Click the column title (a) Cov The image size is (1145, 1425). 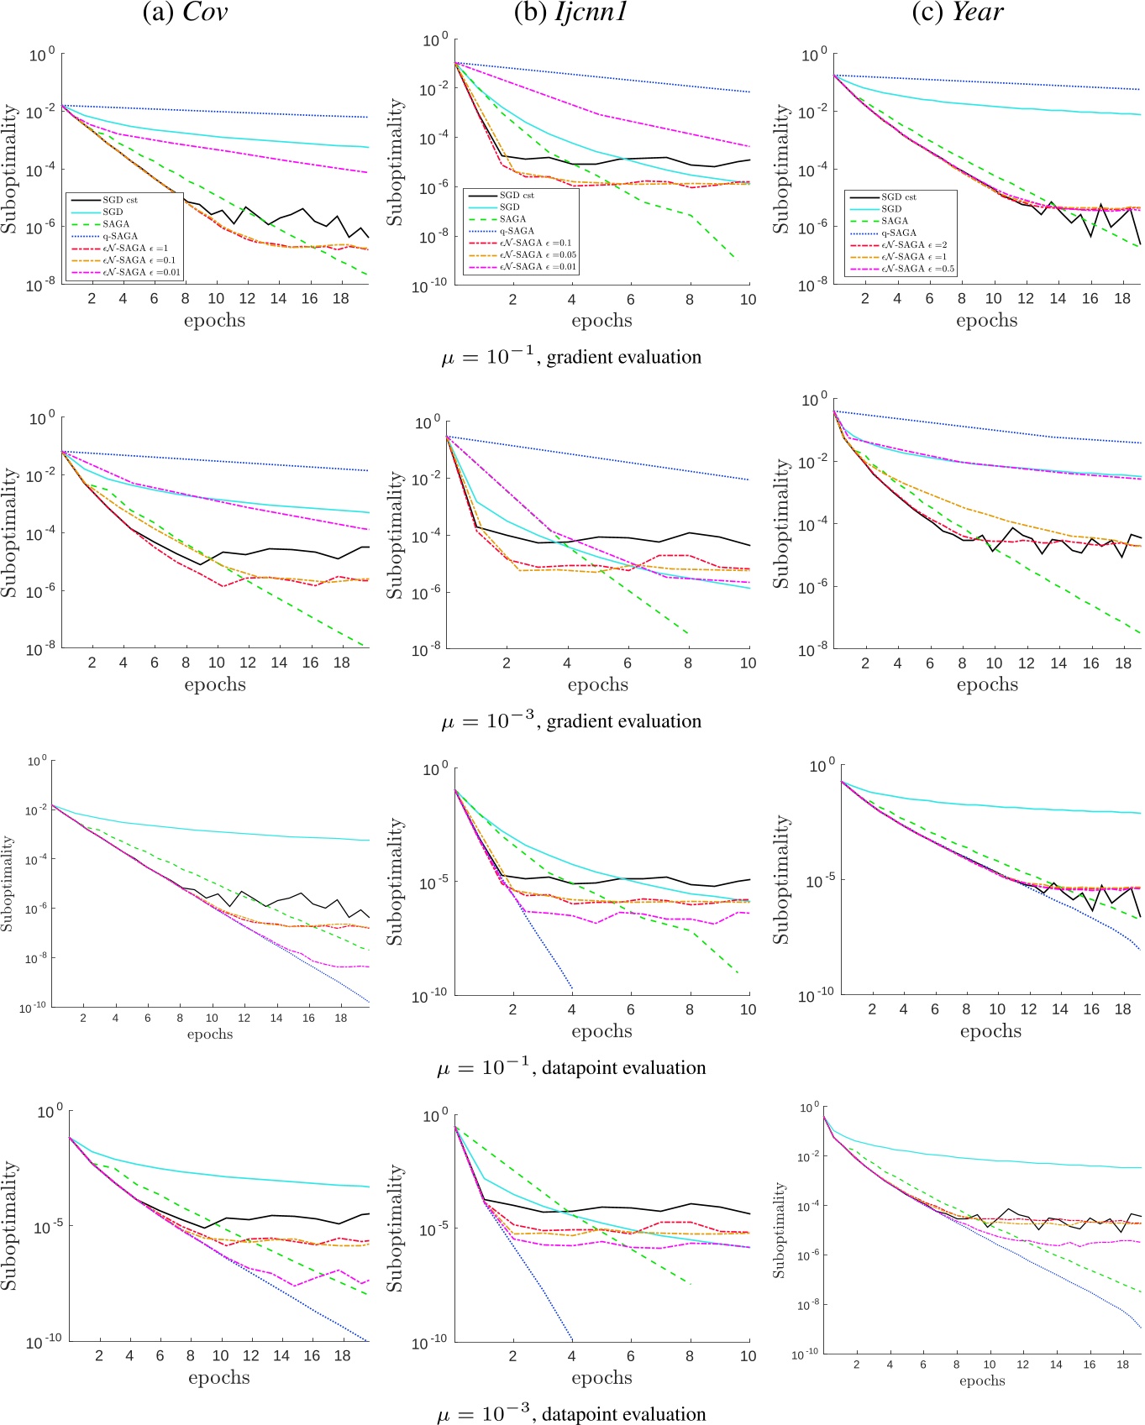pyautogui.click(x=186, y=13)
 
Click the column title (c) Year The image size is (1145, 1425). pyautogui.click(x=958, y=13)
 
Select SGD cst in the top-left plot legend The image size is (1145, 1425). pyautogui.click(x=120, y=200)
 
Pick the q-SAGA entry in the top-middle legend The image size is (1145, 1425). pyautogui.click(x=517, y=231)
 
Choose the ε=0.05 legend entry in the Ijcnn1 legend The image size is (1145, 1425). pyautogui.click(x=538, y=254)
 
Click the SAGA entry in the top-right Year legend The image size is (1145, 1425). pyautogui.click(x=895, y=221)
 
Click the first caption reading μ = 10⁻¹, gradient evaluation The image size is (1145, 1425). pyautogui.click(x=571, y=357)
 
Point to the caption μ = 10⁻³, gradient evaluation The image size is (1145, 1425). pyautogui.click(x=571, y=721)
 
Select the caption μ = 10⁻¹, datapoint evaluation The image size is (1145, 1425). pyautogui.click(x=571, y=1068)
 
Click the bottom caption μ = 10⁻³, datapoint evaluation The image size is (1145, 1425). pyautogui.click(x=571, y=1415)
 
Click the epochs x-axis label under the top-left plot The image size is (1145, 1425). pyautogui.click(x=214, y=321)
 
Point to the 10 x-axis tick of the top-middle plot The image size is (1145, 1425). pyautogui.click(x=748, y=300)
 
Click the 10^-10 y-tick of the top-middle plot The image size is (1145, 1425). pyautogui.click(x=429, y=286)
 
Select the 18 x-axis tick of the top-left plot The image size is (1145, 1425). pyautogui.click(x=340, y=299)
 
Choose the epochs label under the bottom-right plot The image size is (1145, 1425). pyautogui.click(x=982, y=1380)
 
